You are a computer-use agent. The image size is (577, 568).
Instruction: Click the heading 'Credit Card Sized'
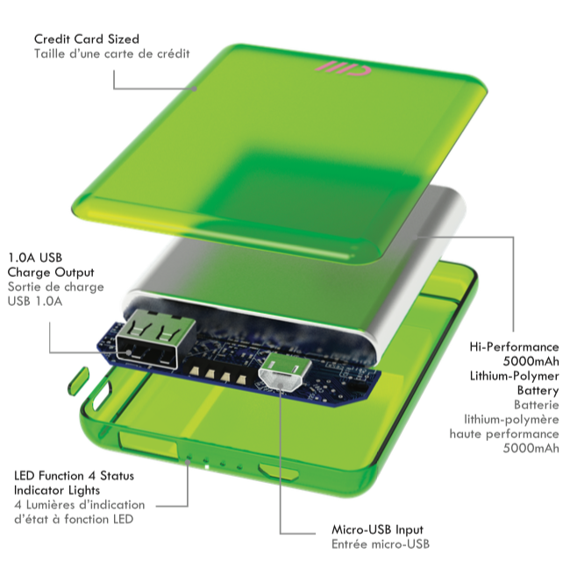pyautogui.click(x=87, y=39)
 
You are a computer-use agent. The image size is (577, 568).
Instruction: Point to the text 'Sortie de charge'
pyautogui.click(x=55, y=287)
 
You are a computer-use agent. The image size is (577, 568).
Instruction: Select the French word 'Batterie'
pyautogui.click(x=536, y=405)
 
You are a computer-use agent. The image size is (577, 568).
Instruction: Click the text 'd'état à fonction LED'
pyautogui.click(x=73, y=520)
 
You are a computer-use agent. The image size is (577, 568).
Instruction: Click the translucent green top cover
pyautogui.click(x=263, y=131)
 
